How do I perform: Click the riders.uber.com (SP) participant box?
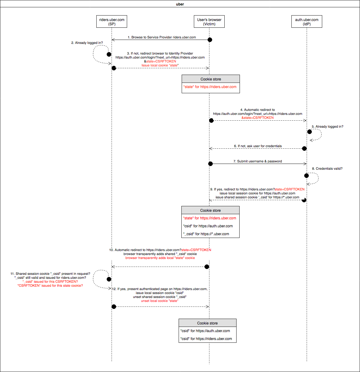(112, 21)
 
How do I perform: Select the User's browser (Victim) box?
(209, 21)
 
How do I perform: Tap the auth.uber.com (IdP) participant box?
(307, 21)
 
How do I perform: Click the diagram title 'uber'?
(180, 4)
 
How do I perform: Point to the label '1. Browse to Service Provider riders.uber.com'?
(162, 37)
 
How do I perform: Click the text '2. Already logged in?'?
(87, 43)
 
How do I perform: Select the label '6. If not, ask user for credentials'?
(258, 146)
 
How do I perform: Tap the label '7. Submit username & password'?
(258, 161)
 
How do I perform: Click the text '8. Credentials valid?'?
(327, 168)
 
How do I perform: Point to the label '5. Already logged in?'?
(327, 126)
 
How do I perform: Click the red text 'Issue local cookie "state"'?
(160, 66)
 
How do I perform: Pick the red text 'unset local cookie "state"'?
(160, 301)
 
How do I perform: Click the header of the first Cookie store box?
(211, 79)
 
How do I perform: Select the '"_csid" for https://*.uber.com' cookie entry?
(206, 234)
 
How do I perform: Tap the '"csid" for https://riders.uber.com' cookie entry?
(206, 339)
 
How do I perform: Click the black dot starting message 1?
(210, 40)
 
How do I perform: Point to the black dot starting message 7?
(210, 164)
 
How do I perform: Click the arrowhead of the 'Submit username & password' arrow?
(305, 164)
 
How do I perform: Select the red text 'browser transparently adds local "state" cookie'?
(160, 258)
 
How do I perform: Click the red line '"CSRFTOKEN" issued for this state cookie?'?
(50, 285)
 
